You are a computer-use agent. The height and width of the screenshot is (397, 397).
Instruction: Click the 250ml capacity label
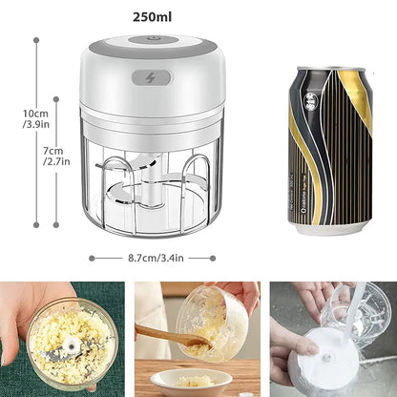[x=153, y=15]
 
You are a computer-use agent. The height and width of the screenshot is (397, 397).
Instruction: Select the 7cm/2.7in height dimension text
[x=56, y=157]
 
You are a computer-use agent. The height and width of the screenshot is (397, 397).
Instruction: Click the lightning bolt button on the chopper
[x=155, y=80]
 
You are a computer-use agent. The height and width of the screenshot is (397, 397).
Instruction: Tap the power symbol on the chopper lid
[x=154, y=40]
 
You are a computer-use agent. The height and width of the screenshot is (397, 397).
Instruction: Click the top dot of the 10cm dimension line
[x=36, y=40]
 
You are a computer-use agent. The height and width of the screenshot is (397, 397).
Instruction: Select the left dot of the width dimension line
[x=92, y=258]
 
